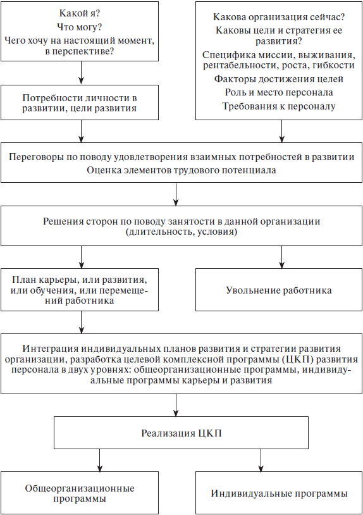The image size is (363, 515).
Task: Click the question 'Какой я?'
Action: [x=80, y=13]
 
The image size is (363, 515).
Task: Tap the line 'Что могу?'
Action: [x=80, y=27]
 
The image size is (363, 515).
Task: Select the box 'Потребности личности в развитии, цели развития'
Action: [x=80, y=102]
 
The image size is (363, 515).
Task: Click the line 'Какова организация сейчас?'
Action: [x=279, y=16]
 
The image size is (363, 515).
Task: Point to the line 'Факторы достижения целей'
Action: [x=279, y=79]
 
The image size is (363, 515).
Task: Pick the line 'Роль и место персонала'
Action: [x=279, y=92]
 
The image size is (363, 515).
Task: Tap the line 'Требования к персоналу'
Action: [x=279, y=106]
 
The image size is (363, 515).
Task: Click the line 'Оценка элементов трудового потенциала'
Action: [x=181, y=170]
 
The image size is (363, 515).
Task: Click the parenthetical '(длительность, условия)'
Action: [x=181, y=232]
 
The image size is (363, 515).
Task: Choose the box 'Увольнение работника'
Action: [x=279, y=290]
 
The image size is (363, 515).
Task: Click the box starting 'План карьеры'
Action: [x=80, y=290]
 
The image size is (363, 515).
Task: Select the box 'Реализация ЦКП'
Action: [x=181, y=433]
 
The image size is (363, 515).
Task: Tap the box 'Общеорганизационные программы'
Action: [x=80, y=493]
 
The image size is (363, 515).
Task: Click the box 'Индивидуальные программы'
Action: [x=279, y=493]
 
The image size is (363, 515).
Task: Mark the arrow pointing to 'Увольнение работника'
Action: [x=281, y=257]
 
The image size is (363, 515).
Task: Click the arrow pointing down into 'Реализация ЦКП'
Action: [x=176, y=406]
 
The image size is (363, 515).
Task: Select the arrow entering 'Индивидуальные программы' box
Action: [x=261, y=461]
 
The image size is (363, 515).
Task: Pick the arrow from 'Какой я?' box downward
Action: [x=81, y=73]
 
